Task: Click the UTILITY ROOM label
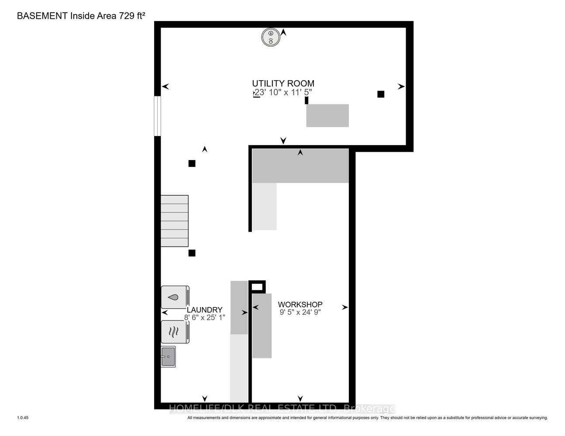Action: coord(283,83)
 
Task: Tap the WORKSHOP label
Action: coord(300,304)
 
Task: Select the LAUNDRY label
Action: coord(205,310)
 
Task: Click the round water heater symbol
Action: coord(271,37)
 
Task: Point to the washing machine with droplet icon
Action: coord(175,297)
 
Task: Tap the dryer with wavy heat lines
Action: coord(175,332)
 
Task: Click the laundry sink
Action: coord(168,357)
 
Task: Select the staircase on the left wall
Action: coord(175,221)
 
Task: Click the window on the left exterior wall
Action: coord(157,116)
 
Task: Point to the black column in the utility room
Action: coord(381,94)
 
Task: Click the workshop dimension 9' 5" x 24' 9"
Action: coord(300,312)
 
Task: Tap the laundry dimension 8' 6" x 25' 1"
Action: coord(205,317)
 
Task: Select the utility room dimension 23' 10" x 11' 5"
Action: coord(283,92)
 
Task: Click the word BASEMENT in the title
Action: coord(42,16)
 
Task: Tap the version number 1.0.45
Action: coord(23,418)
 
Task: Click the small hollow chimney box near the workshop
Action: coord(257,287)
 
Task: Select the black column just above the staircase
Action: coord(192,163)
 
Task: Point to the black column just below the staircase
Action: coord(192,253)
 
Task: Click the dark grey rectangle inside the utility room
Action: coord(327,116)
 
